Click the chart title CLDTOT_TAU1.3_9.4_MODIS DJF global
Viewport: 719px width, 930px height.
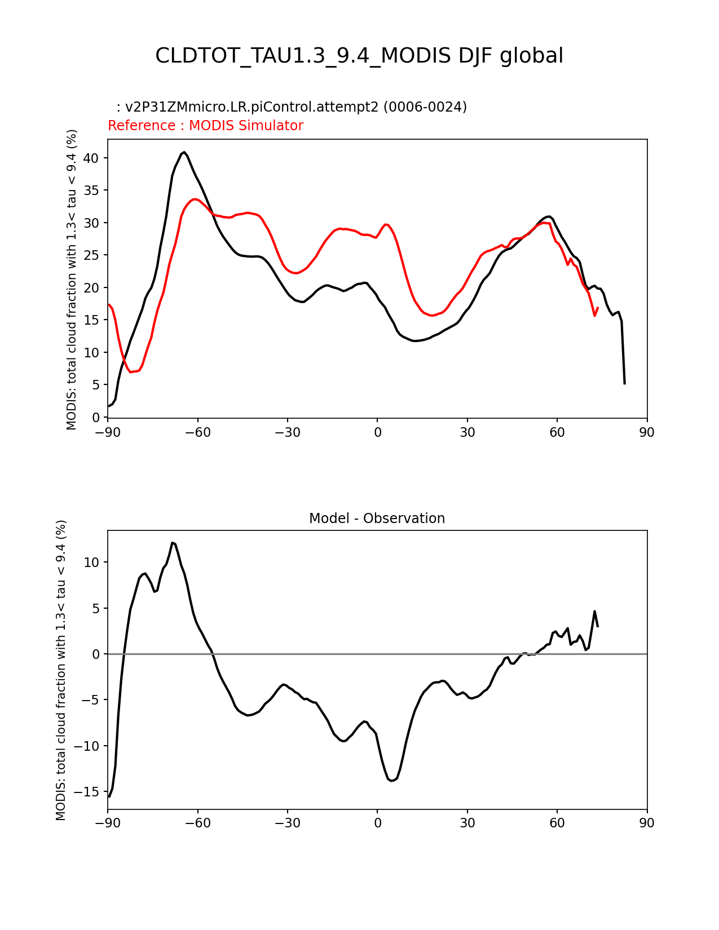coord(359,56)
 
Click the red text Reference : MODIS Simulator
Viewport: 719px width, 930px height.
coord(205,126)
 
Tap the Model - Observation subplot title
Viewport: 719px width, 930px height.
coord(377,519)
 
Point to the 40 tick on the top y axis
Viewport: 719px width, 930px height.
coord(91,158)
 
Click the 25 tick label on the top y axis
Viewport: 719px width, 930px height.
coord(91,255)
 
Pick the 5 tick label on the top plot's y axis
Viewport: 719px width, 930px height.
coord(96,385)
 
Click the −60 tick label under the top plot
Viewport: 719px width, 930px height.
coord(197,432)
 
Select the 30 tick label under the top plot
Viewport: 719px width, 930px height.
coord(467,432)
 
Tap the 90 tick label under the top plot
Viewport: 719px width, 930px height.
coord(647,432)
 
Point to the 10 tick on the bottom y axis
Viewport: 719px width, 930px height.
coord(91,563)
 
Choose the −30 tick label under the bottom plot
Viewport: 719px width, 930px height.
coord(287,823)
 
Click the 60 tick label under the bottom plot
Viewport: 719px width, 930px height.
coord(557,823)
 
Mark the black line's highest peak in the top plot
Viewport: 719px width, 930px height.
coord(184,152)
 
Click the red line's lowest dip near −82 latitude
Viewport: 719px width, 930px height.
coord(131,372)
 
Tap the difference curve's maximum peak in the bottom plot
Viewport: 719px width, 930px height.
coord(173,543)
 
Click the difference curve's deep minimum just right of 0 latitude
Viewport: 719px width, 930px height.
coord(392,781)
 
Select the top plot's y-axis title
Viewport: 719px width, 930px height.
coord(72,279)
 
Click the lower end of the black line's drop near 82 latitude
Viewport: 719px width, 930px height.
coord(624,383)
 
